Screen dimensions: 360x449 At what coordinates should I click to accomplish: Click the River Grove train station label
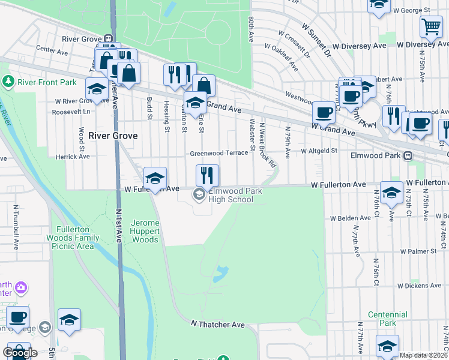pyautogui.click(x=83, y=38)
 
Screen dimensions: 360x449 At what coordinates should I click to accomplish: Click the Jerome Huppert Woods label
pyautogui.click(x=139, y=231)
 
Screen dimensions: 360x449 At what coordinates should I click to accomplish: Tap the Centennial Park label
pyautogui.click(x=388, y=319)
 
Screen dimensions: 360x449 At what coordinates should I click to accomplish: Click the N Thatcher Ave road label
pyautogui.click(x=218, y=325)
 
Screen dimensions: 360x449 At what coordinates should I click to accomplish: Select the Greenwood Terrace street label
pyautogui.click(x=219, y=153)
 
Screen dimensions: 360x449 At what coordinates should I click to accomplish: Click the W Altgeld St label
pyautogui.click(x=320, y=151)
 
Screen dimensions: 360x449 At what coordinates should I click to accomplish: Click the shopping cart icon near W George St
pyautogui.click(x=431, y=26)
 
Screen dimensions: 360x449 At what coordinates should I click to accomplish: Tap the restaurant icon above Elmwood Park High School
pyautogui.click(x=207, y=175)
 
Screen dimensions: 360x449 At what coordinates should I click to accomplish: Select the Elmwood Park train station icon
pyautogui.click(x=408, y=156)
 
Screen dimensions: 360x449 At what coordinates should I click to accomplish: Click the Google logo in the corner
pyautogui.click(x=20, y=353)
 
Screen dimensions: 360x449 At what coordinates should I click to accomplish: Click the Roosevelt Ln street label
pyautogui.click(x=71, y=112)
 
